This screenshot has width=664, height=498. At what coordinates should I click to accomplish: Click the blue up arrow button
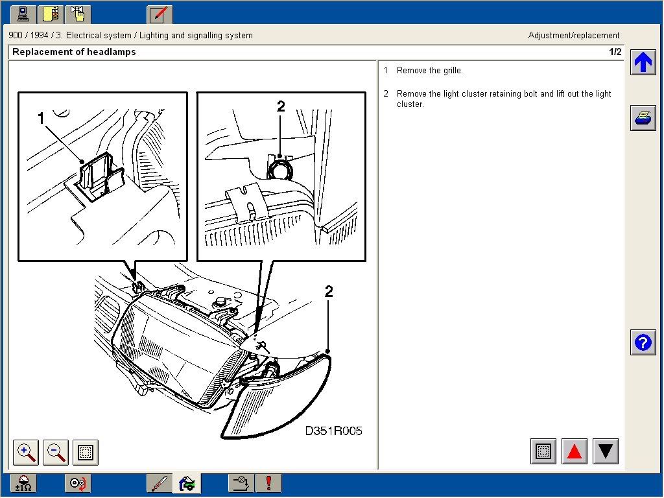643,63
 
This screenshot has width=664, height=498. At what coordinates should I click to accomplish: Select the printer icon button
643,119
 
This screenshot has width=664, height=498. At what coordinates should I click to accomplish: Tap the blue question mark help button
643,342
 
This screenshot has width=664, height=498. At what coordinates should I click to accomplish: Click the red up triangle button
574,451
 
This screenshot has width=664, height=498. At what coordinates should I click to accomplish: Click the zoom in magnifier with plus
27,452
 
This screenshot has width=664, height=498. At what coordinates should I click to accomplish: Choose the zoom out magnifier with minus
56,452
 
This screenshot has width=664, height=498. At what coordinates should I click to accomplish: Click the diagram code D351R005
333,431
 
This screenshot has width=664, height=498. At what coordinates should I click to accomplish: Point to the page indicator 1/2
615,52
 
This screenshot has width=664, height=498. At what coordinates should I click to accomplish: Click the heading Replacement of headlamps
74,52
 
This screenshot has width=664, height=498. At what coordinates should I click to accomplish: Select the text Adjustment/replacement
574,36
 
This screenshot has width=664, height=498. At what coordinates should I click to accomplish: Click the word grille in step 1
450,71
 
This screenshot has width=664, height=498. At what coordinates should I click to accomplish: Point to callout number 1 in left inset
41,118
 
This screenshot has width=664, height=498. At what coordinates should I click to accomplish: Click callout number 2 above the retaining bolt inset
281,106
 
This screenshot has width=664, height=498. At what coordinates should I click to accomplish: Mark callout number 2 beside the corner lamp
329,292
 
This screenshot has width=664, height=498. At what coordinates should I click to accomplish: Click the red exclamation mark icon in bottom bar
268,483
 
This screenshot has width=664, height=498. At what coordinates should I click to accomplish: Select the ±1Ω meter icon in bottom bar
23,483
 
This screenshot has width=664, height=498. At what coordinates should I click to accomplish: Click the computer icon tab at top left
23,14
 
